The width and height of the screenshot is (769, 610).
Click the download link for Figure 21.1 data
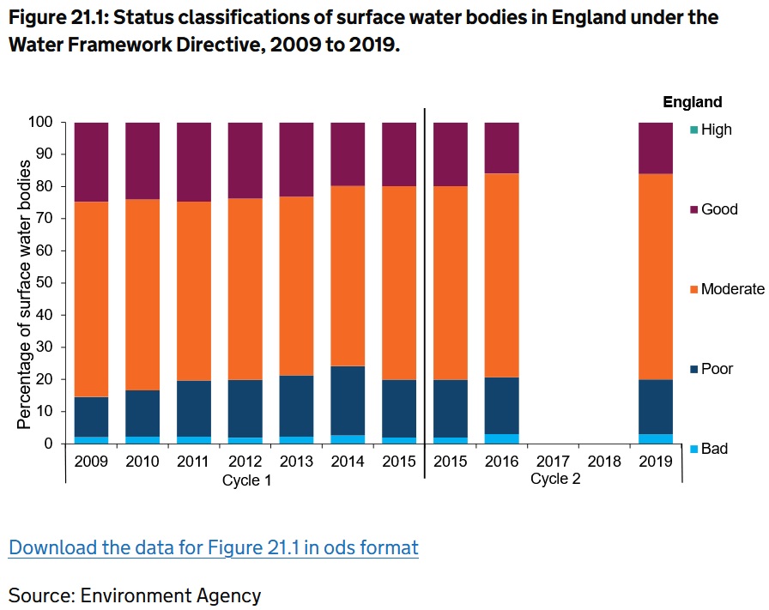click(213, 547)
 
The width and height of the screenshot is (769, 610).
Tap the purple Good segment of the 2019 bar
click(656, 148)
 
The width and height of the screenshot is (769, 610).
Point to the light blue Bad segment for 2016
click(501, 438)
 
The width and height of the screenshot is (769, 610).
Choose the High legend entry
click(716, 130)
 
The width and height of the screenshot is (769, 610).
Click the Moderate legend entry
click(731, 289)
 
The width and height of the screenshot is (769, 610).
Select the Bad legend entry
click(713, 449)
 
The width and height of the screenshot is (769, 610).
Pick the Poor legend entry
click(716, 369)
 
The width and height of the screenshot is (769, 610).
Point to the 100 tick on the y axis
click(43, 123)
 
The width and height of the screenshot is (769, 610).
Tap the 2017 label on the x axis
click(552, 462)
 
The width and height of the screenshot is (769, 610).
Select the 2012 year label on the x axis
click(245, 462)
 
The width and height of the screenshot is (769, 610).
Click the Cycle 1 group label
click(246, 480)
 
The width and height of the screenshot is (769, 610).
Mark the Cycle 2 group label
click(555, 479)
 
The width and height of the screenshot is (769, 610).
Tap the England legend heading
click(692, 102)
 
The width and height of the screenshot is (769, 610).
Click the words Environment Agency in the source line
click(178, 595)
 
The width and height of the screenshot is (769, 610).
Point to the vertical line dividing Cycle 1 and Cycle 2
click(425, 292)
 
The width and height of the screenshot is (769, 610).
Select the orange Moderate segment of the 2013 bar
click(296, 286)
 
